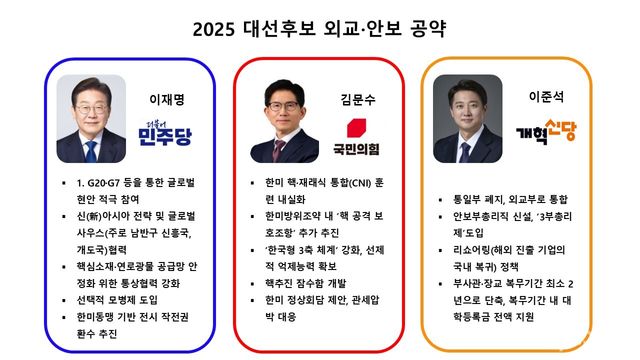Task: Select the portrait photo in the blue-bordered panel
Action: pos(92,118)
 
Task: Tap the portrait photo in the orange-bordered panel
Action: pos(467,118)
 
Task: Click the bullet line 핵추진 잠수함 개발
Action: pos(312,282)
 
